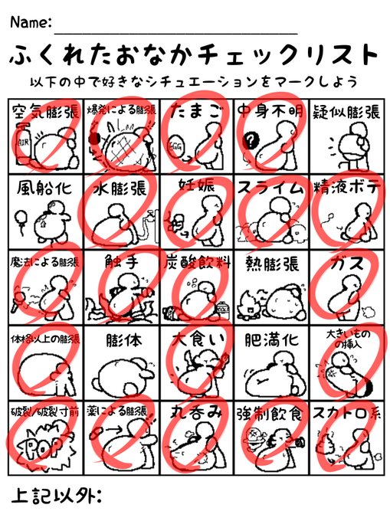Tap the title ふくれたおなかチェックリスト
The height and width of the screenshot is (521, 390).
click(x=195, y=56)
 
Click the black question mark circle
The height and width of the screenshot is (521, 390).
click(x=249, y=139)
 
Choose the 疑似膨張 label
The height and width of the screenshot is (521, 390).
click(x=345, y=112)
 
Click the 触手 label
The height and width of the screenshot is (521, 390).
click(x=120, y=263)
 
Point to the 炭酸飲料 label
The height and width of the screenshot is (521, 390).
click(x=195, y=263)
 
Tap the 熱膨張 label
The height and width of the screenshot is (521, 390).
click(x=270, y=263)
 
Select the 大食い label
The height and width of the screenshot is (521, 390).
click(x=195, y=338)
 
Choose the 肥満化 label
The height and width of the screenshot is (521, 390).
click(x=270, y=338)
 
